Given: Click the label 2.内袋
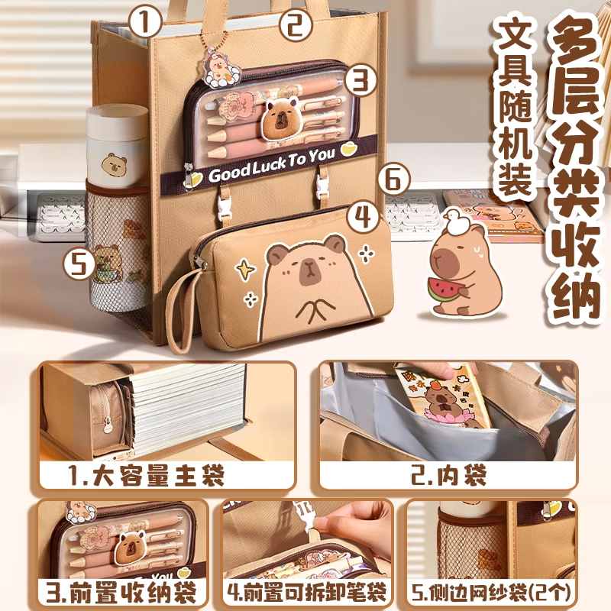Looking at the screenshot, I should [448, 477].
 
